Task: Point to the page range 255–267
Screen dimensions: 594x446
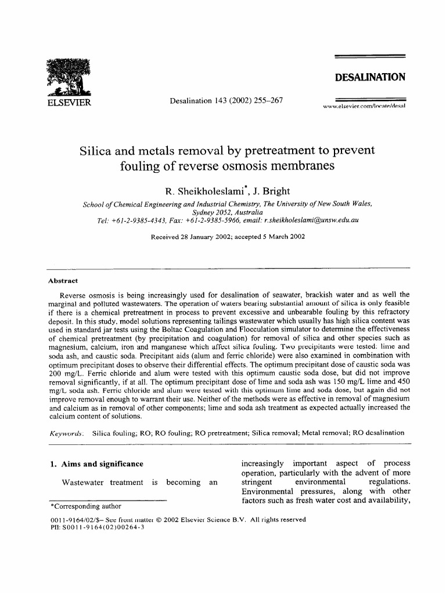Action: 264,100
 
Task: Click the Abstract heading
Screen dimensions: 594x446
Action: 63,281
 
